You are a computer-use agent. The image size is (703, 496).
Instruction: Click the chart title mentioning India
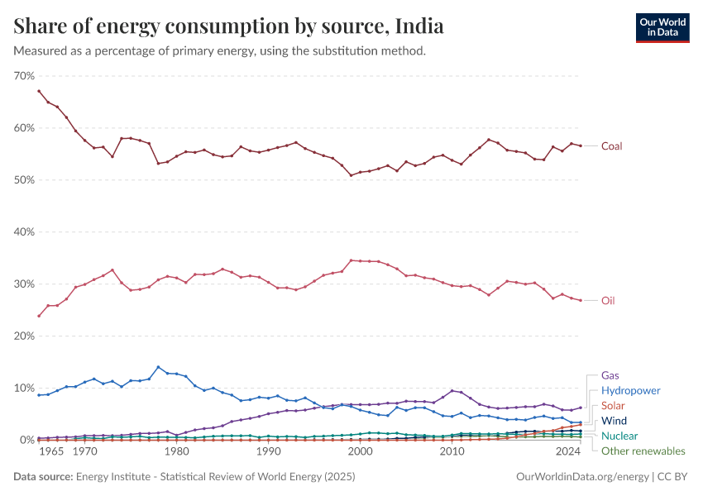pos(229,26)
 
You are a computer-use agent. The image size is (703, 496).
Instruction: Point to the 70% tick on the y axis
pos(24,76)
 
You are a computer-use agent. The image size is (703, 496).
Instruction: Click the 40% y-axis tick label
pos(24,232)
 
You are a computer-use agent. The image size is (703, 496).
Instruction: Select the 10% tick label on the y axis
pos(24,389)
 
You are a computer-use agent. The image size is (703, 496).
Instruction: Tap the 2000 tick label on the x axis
pos(360,452)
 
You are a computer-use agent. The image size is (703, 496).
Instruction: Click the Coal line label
pos(611,146)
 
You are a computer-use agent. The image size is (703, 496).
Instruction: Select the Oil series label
pos(608,301)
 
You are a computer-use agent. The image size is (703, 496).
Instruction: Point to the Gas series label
pos(610,374)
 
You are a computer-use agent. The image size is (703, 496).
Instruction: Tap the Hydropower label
pos(631,390)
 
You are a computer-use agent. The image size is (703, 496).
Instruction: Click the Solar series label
pos(613,406)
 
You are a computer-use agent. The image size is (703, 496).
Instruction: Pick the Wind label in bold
pos(614,421)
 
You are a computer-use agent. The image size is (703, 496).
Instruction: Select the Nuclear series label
pos(619,436)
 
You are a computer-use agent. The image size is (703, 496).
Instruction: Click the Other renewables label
pos(643,451)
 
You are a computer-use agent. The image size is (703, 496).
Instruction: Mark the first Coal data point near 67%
pos(39,91)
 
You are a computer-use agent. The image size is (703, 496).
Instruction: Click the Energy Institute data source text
pos(213,477)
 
